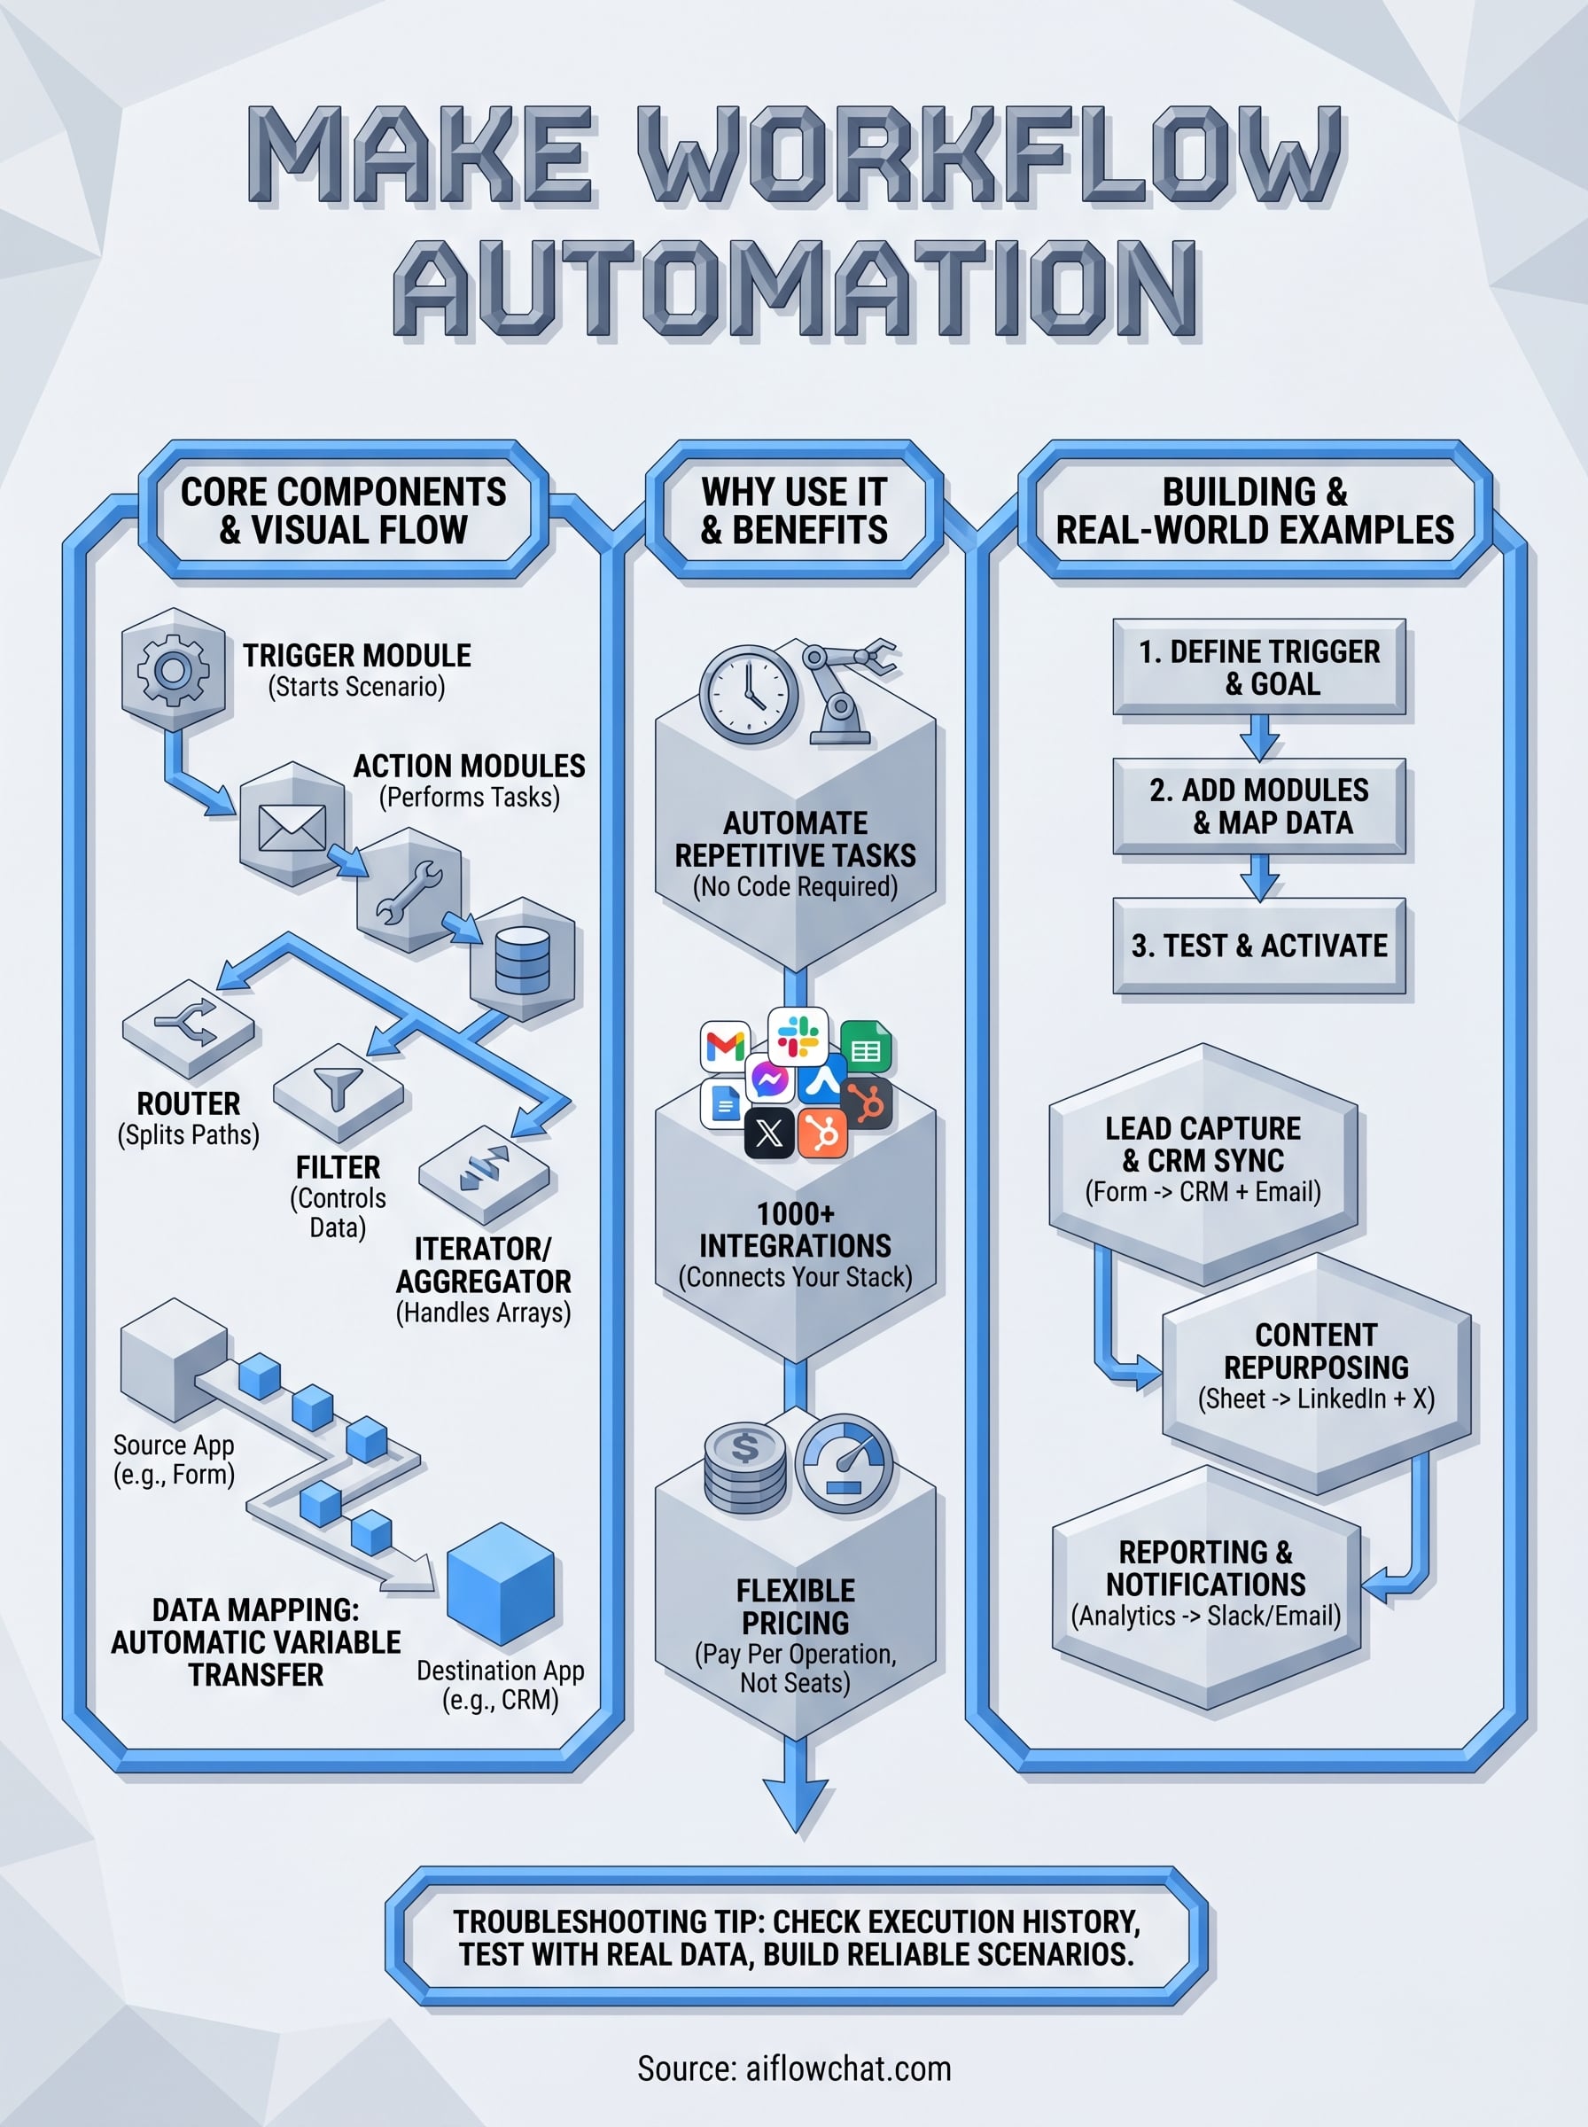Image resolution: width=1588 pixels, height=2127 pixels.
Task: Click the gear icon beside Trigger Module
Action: coord(173,669)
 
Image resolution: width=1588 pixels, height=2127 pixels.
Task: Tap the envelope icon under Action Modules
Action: coord(292,825)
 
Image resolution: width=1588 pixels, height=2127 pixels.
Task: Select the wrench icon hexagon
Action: coord(409,891)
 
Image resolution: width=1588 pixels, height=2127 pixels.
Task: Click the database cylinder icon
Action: coord(523,960)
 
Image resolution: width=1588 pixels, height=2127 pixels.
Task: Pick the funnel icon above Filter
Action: coord(338,1090)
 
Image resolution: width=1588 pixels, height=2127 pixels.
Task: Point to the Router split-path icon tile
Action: coord(189,1027)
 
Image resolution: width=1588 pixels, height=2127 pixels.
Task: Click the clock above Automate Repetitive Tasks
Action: coord(748,694)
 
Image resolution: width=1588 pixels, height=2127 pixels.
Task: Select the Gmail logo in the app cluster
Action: coord(725,1046)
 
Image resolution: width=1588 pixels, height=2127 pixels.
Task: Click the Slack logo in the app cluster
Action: coord(798,1035)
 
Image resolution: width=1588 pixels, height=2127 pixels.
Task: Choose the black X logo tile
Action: coord(769,1134)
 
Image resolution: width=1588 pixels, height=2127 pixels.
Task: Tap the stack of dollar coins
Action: coord(745,1467)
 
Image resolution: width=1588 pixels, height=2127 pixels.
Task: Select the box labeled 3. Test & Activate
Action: coord(1259,946)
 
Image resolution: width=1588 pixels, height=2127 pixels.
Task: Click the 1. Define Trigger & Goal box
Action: coord(1259,667)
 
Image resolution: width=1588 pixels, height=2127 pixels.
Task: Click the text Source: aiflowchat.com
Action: coord(794,2069)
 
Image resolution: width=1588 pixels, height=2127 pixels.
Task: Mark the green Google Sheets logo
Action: coord(865,1048)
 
